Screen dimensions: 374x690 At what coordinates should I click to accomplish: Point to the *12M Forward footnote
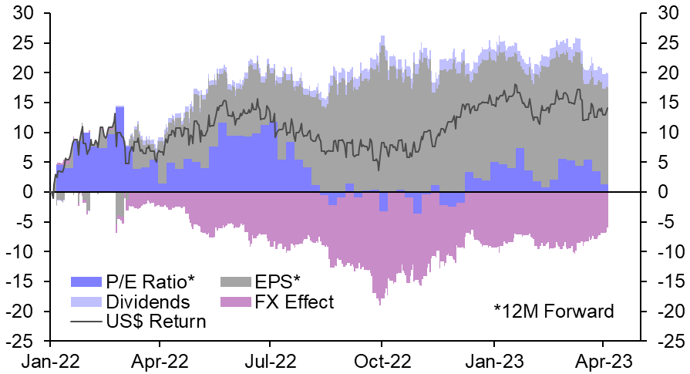[554, 312]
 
